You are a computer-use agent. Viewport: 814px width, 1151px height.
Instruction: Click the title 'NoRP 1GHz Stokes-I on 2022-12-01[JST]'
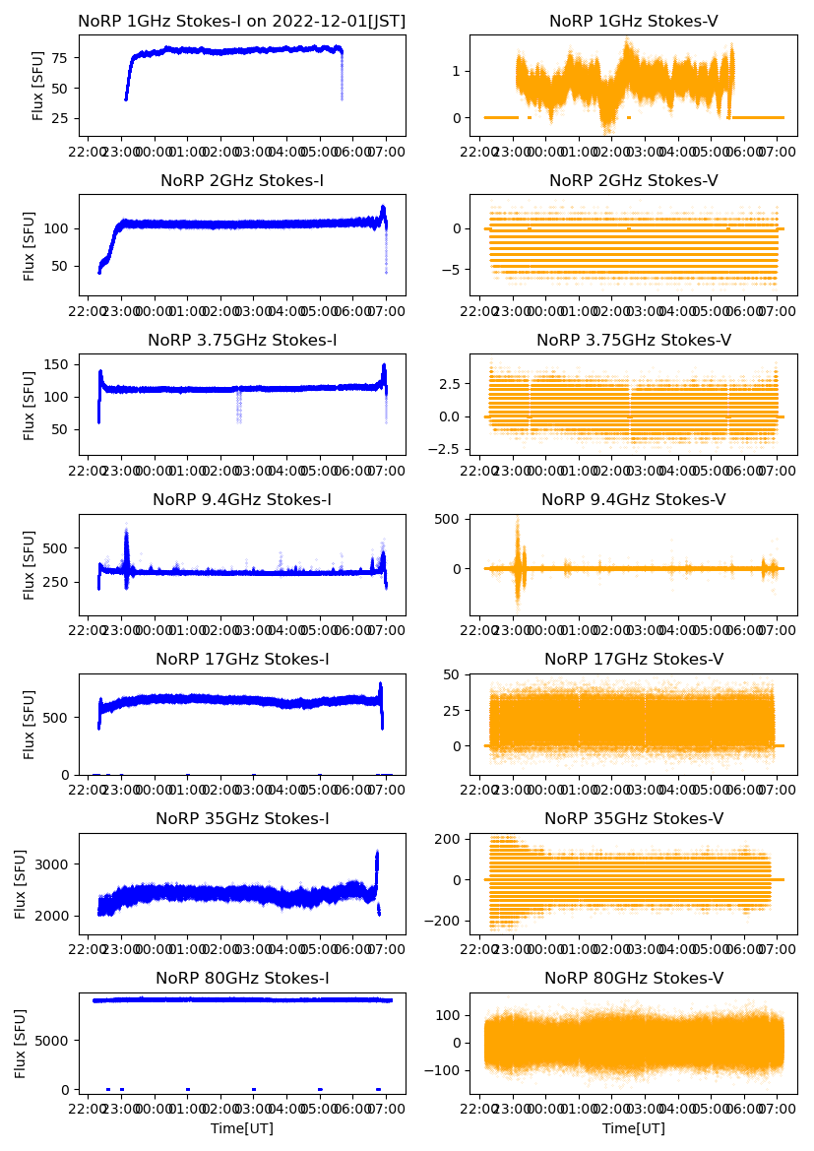[242, 21]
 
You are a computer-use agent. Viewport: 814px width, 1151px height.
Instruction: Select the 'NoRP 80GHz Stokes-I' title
[242, 978]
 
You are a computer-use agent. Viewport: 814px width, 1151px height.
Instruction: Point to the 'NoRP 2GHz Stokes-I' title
[242, 180]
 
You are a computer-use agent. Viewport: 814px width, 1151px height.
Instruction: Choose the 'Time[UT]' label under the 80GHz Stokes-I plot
[242, 1128]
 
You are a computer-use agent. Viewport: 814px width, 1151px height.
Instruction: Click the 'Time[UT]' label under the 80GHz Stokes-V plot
[633, 1128]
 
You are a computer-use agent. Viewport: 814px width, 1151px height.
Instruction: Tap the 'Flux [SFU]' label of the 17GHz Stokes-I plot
[31, 724]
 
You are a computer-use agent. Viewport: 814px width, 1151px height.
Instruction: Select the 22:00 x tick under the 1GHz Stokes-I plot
[89, 153]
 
